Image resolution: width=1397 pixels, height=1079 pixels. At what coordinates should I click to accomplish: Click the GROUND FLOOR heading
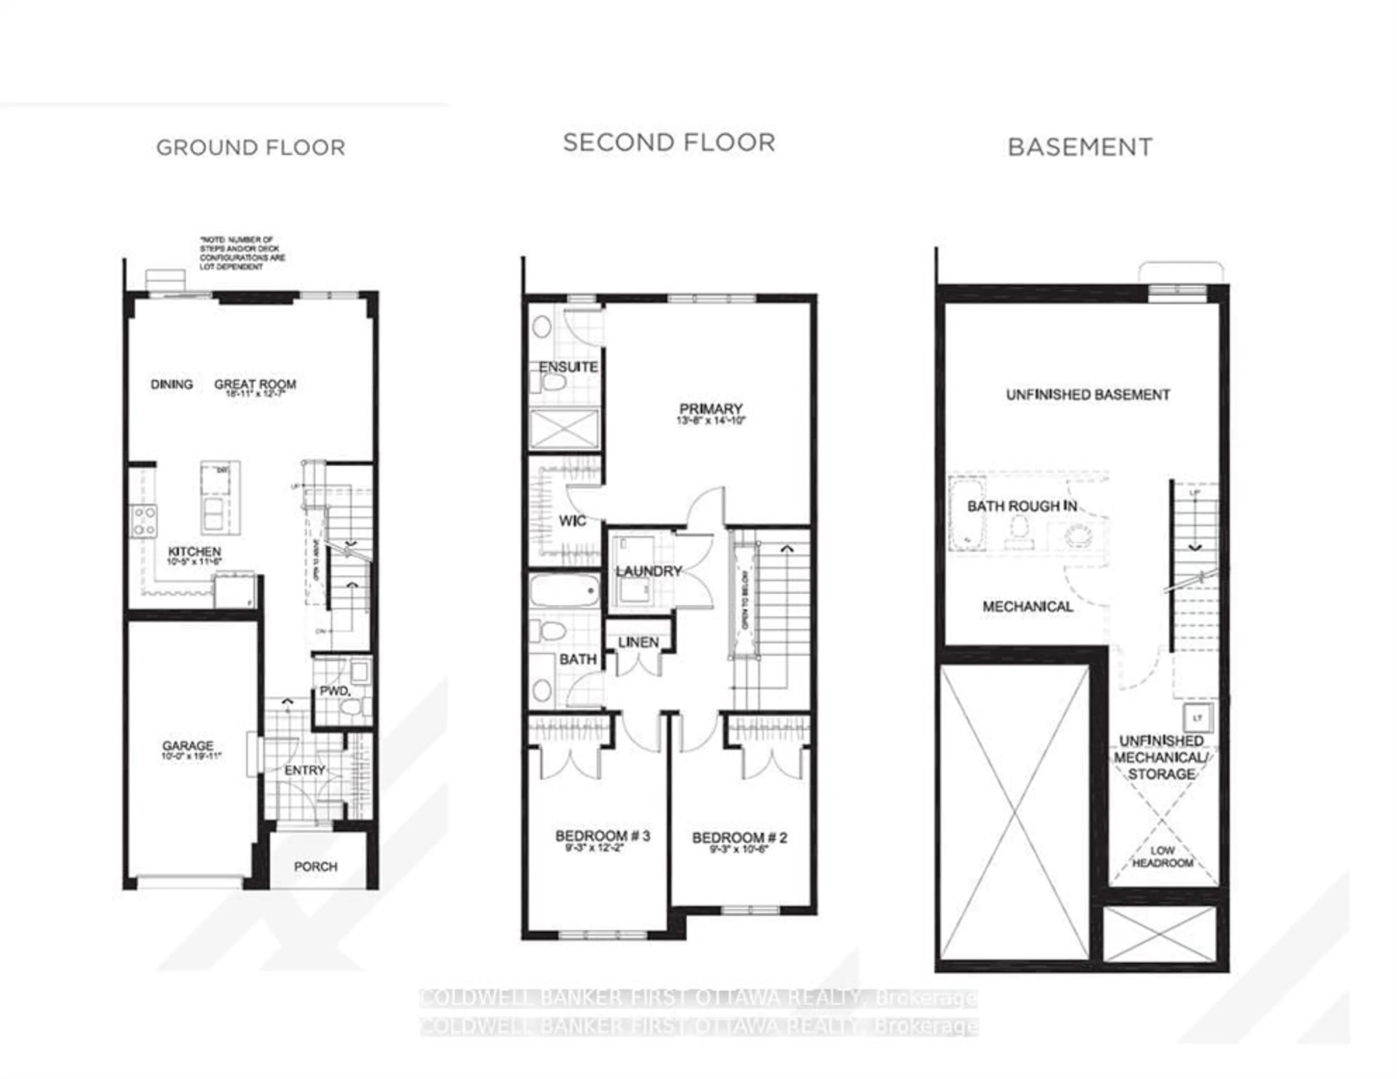tap(251, 148)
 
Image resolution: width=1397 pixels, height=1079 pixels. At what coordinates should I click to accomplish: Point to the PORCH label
tap(315, 867)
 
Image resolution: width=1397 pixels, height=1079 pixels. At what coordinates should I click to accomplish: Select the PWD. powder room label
tap(335, 691)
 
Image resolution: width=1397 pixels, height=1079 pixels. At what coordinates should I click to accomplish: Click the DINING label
tap(171, 385)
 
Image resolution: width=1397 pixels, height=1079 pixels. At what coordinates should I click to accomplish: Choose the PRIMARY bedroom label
tap(711, 409)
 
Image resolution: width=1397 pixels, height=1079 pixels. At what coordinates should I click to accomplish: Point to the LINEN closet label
tap(638, 642)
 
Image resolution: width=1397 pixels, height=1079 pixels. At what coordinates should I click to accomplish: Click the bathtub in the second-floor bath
tap(564, 590)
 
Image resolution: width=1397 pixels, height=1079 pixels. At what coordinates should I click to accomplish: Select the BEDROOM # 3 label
tap(602, 836)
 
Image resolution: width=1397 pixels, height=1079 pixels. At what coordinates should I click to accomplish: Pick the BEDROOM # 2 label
tap(740, 838)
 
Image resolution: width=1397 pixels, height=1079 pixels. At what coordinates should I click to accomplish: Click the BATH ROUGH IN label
tap(1022, 506)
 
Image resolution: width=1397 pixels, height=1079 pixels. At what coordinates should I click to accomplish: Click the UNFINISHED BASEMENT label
tap(1087, 395)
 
